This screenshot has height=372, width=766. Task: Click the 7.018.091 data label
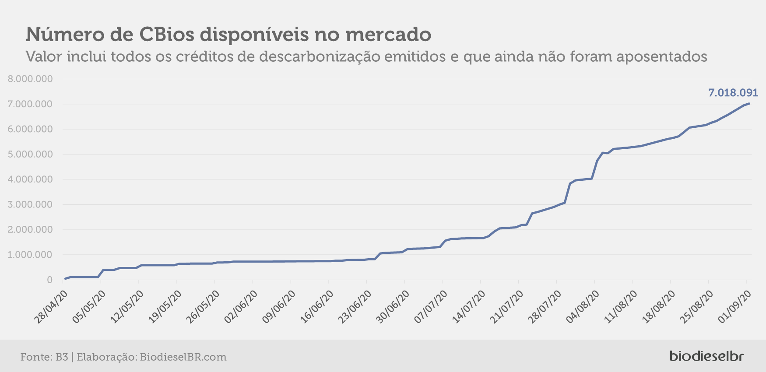tap(733, 93)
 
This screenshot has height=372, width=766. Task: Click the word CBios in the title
tap(166, 34)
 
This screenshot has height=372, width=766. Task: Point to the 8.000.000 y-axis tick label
tap(30, 79)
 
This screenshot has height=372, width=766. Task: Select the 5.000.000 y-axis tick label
tap(30, 154)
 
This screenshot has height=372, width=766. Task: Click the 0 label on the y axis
tap(49, 280)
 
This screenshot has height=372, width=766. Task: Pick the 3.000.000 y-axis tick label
tap(30, 204)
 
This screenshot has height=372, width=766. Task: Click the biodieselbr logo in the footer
tap(706, 356)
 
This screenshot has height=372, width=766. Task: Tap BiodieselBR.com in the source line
tap(183, 357)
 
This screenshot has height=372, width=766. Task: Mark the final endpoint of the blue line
tap(749, 104)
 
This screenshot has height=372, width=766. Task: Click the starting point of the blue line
tap(65, 279)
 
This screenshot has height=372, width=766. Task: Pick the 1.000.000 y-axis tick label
tap(30, 255)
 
